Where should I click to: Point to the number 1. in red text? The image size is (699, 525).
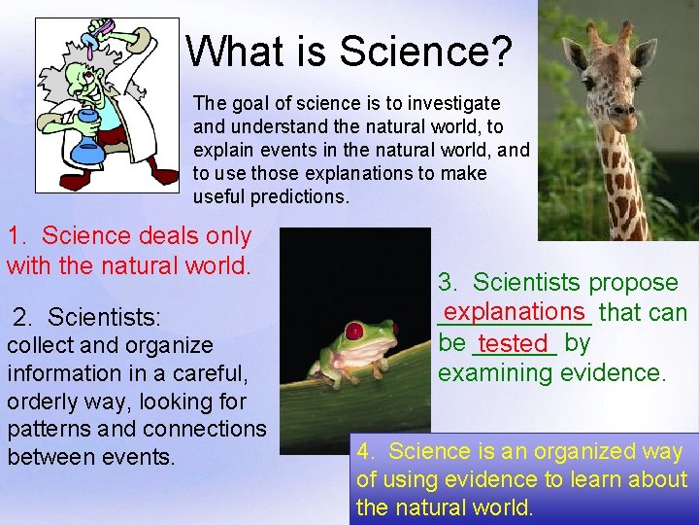pos(21,236)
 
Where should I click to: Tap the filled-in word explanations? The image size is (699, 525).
pos(515,311)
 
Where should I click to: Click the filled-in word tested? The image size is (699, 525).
pos(514,343)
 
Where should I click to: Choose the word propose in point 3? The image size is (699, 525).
pos(636,283)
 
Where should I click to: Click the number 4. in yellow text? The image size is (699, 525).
pos(367,451)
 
